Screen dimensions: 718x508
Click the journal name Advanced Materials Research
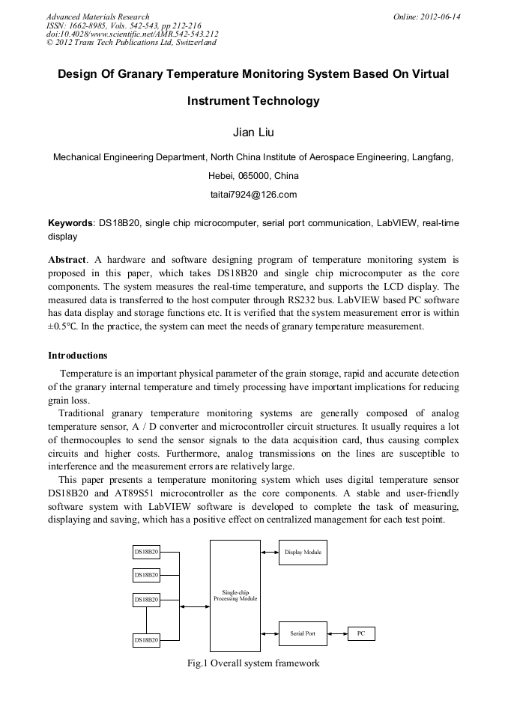(97, 16)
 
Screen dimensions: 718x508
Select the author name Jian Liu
(254, 133)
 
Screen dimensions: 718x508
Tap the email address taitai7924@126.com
(254, 195)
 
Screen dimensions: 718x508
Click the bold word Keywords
(70, 223)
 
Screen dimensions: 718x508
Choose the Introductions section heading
(78, 355)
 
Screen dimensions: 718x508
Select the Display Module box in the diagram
(303, 553)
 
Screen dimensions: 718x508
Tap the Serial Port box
(303, 633)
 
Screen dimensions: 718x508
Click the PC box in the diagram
(360, 633)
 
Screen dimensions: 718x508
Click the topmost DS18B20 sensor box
(146, 552)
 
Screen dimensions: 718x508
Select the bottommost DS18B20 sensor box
(146, 640)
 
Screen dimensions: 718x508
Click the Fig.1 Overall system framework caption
(253, 663)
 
